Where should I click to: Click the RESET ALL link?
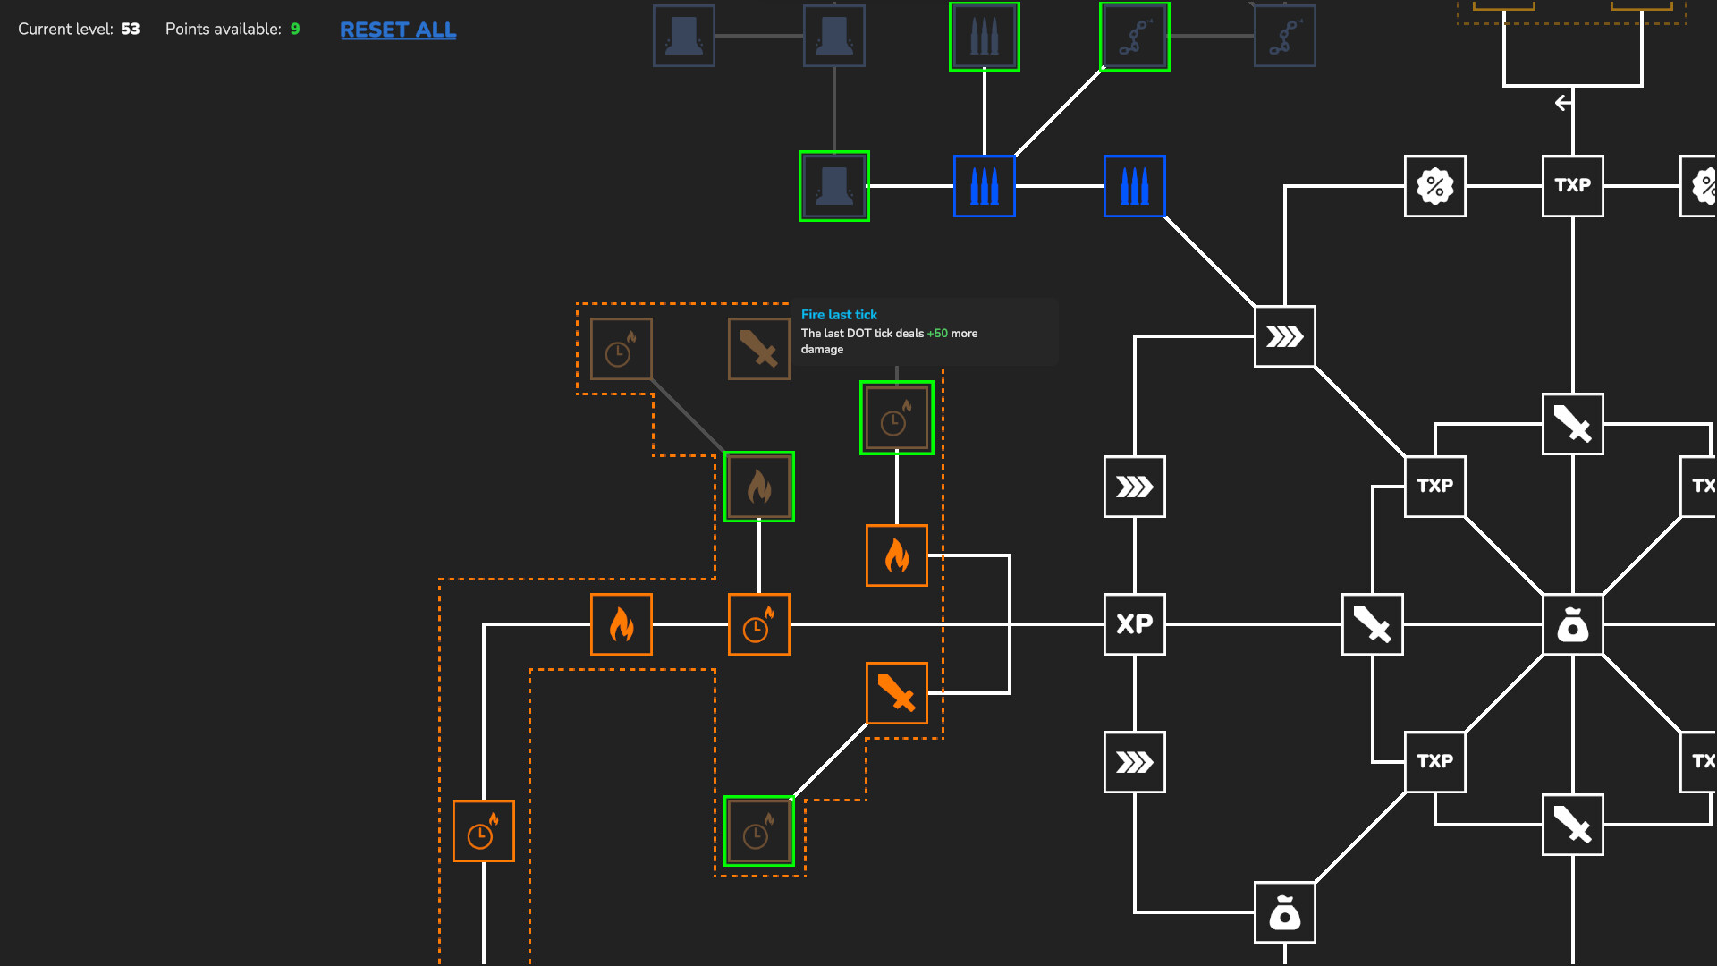point(398,30)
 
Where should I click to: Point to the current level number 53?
point(131,29)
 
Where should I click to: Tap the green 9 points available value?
point(295,29)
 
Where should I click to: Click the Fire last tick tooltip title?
point(839,315)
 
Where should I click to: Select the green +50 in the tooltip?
point(937,334)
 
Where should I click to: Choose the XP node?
point(1134,624)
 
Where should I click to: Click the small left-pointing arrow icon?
point(1562,103)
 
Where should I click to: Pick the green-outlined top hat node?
point(833,186)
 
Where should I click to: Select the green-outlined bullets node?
point(984,37)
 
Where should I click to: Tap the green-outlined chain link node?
point(1134,37)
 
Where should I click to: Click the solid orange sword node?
point(896,693)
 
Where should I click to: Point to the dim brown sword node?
point(758,349)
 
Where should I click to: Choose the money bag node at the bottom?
point(1284,912)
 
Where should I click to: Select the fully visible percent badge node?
point(1434,186)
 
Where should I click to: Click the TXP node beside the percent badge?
point(1572,186)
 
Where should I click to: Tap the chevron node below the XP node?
point(1134,762)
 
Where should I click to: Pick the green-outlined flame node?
point(758,487)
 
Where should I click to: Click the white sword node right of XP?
point(1372,624)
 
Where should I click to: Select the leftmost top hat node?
point(683,37)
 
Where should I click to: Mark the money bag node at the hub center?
point(1572,624)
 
